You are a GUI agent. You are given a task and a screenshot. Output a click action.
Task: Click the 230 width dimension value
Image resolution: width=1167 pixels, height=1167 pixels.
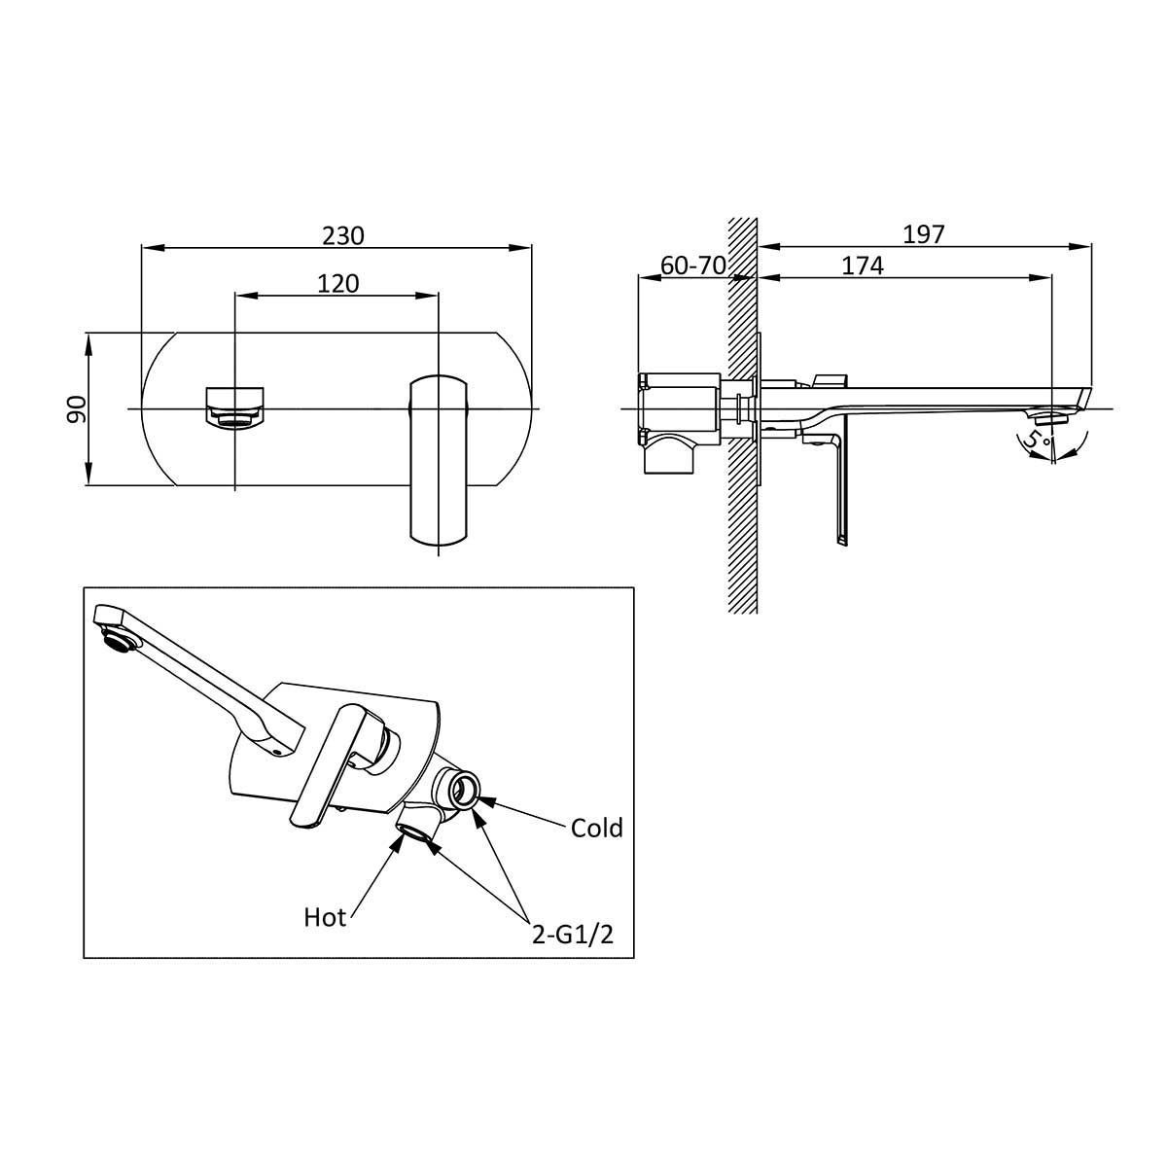click(342, 235)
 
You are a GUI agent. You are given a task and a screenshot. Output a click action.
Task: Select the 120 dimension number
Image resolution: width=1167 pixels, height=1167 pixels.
click(337, 283)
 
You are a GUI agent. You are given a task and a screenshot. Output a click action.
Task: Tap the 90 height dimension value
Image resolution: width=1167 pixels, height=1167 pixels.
click(76, 408)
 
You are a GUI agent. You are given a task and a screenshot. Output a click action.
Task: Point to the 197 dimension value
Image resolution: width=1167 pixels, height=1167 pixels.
click(924, 234)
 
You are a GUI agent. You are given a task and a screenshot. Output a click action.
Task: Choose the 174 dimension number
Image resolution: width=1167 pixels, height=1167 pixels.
click(863, 265)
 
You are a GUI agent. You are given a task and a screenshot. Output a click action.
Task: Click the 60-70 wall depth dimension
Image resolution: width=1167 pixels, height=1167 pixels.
click(692, 265)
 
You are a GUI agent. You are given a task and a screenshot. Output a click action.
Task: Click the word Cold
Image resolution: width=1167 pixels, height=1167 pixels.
click(596, 828)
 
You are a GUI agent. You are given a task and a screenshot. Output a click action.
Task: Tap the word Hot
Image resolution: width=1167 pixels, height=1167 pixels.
click(325, 917)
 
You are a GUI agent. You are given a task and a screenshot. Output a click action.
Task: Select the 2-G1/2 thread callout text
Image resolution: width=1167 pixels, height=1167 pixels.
click(572, 935)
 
